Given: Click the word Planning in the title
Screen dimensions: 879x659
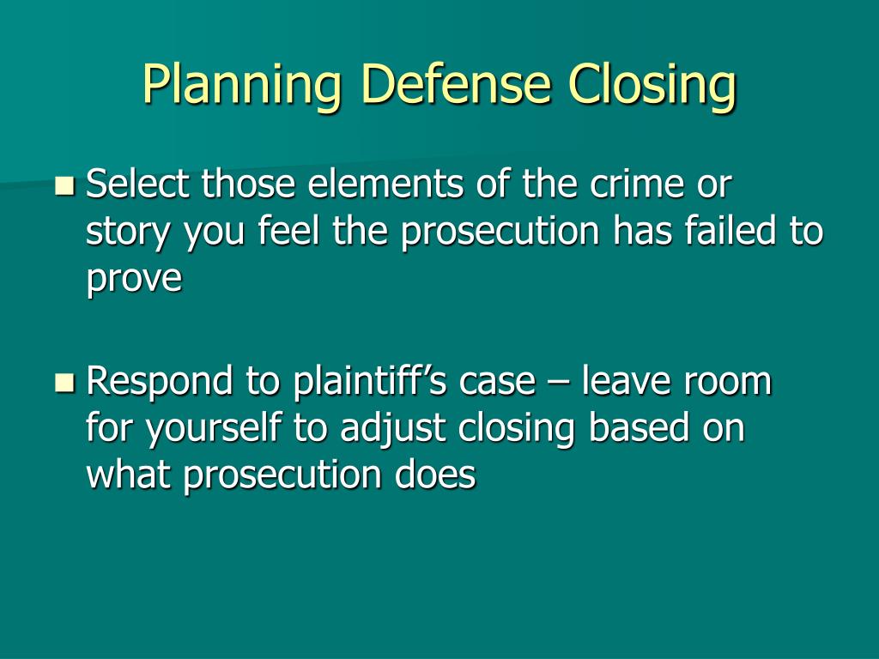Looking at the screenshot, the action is (x=242, y=84).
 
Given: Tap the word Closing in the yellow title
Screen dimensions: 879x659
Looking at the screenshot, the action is (x=652, y=84).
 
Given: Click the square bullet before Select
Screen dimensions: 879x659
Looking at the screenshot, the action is (x=65, y=185).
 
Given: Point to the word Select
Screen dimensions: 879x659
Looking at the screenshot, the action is (x=137, y=184).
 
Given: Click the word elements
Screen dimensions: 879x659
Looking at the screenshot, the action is (x=385, y=184).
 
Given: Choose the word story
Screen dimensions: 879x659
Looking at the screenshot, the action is (x=127, y=232).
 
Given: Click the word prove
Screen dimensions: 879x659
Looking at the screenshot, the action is (x=135, y=279).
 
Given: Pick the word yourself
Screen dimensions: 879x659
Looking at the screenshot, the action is (x=213, y=429).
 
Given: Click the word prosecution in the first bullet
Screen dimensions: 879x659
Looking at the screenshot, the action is (x=500, y=232).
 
